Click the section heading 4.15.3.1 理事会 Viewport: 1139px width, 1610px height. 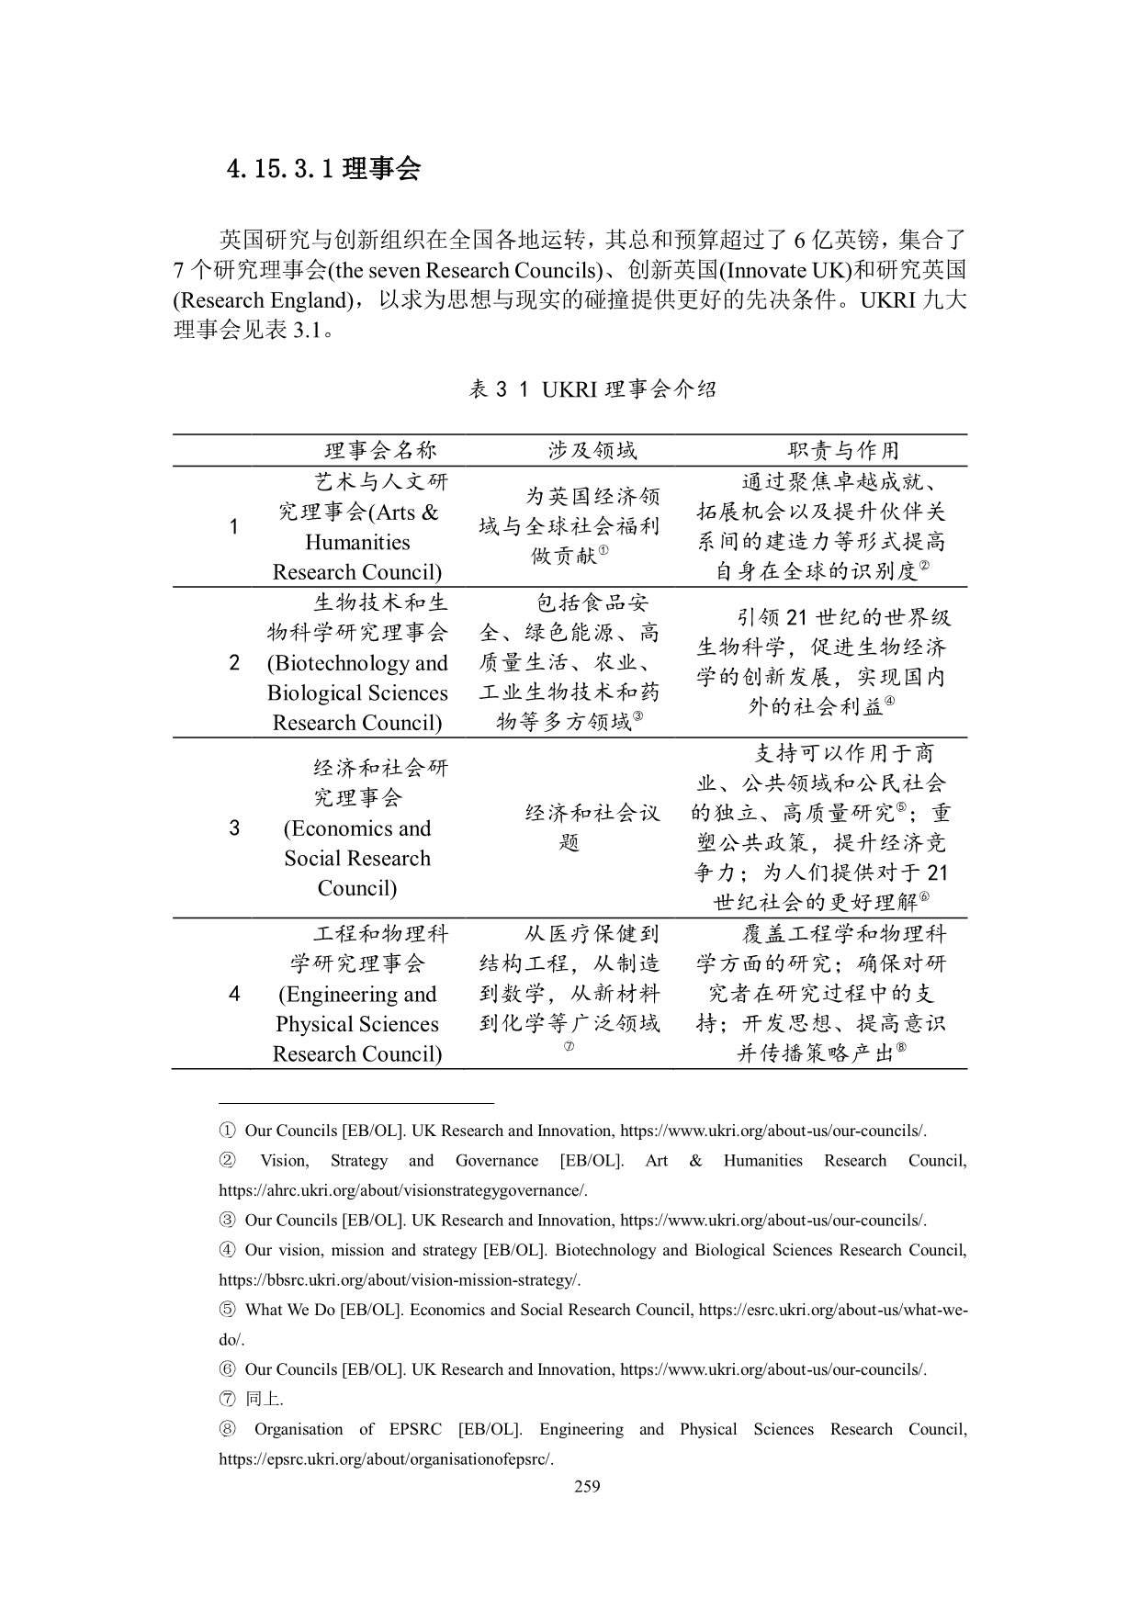pyautogui.click(x=323, y=169)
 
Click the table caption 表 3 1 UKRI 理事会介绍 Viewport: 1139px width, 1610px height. pyautogui.click(x=592, y=389)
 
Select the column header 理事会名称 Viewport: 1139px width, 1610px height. pyautogui.click(x=380, y=450)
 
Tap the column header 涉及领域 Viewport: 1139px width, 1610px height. pyautogui.click(x=592, y=450)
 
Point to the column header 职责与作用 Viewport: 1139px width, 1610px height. pyautogui.click(x=843, y=450)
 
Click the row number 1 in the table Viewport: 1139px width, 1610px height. pyautogui.click(x=234, y=526)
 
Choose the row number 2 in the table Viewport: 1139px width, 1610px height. pyautogui.click(x=234, y=662)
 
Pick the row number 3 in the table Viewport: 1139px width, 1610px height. pyautogui.click(x=234, y=828)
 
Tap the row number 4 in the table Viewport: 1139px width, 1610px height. pyautogui.click(x=234, y=994)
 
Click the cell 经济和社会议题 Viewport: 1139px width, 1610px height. pyautogui.click(x=592, y=828)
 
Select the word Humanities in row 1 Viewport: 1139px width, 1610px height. pyautogui.click(x=357, y=542)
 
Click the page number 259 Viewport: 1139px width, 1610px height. pyautogui.click(x=587, y=1487)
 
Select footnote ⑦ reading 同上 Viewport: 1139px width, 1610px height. pyautogui.click(x=265, y=1400)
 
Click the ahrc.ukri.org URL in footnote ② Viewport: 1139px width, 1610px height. pyautogui.click(x=402, y=1191)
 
